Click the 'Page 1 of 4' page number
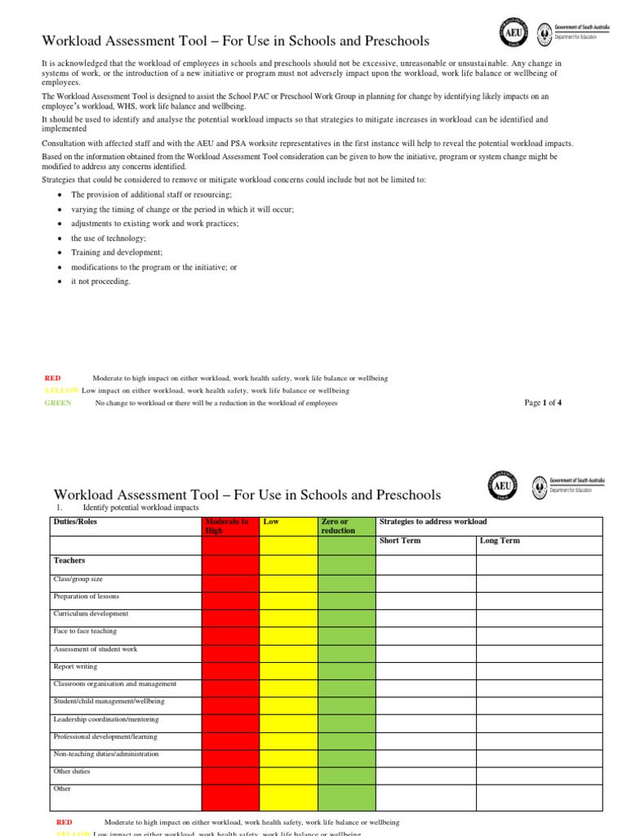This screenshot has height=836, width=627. [542, 402]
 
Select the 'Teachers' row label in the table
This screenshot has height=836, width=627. [69, 562]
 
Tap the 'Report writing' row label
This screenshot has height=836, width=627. [74, 666]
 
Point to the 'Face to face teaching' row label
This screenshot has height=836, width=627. [85, 631]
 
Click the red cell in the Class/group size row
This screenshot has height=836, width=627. [230, 583]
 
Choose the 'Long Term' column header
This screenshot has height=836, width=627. [500, 541]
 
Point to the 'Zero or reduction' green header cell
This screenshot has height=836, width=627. [346, 526]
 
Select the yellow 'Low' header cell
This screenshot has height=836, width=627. [289, 526]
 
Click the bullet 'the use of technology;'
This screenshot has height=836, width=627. [109, 238]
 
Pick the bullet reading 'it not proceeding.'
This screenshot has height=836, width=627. [100, 282]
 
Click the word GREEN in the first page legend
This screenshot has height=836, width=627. [58, 403]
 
